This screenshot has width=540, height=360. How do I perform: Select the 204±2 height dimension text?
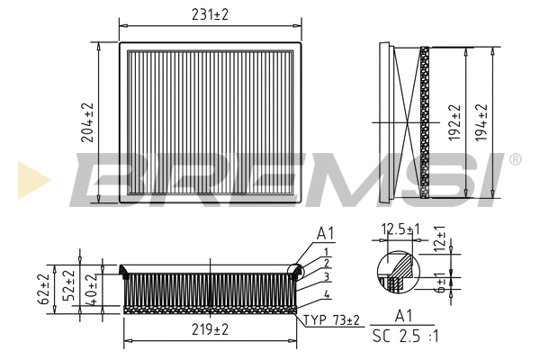pyautogui.click(x=87, y=121)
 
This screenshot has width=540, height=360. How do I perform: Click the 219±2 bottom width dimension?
pyautogui.click(x=210, y=330)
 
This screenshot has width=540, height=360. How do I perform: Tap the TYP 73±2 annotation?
pyautogui.click(x=332, y=320)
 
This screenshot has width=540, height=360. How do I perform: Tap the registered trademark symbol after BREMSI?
pyautogui.click(x=515, y=159)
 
